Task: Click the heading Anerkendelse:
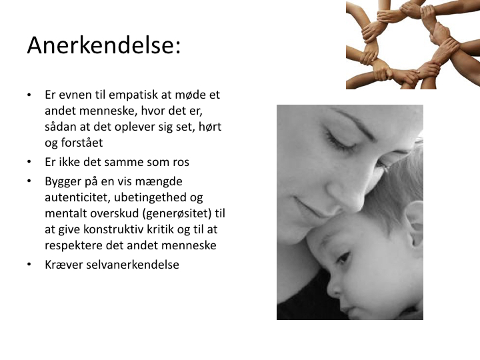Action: (x=104, y=45)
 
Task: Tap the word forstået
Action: (x=82, y=143)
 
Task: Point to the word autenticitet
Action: (x=78, y=197)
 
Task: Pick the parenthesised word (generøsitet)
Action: (x=177, y=214)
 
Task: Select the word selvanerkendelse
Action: (x=133, y=265)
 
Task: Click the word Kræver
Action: (x=64, y=265)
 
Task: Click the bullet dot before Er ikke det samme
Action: (x=29, y=162)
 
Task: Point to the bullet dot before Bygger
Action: (x=29, y=181)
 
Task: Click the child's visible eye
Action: (x=343, y=258)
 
